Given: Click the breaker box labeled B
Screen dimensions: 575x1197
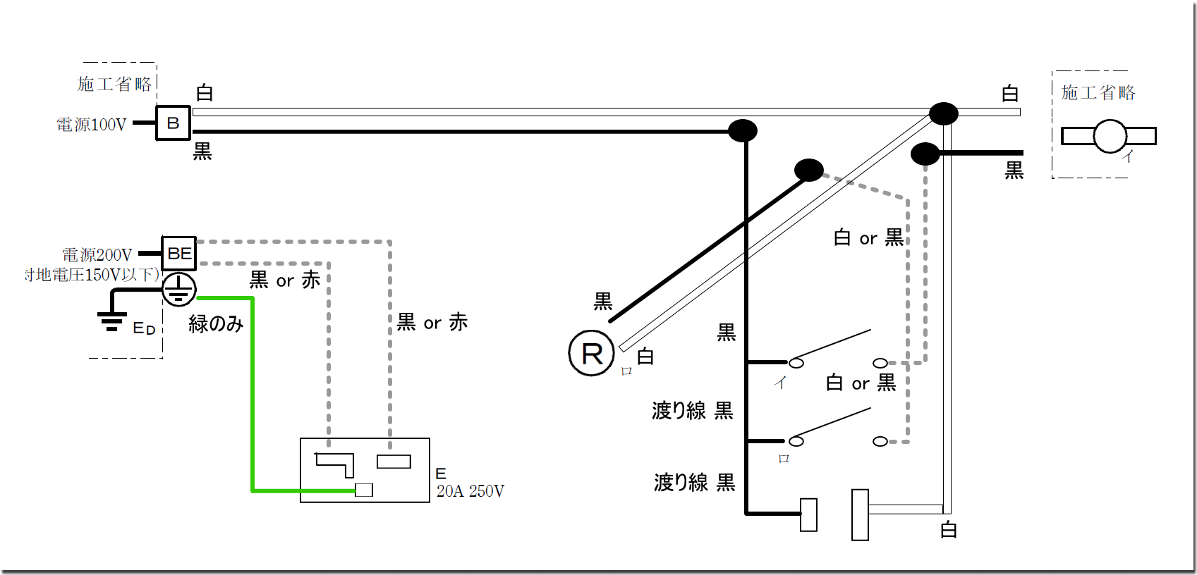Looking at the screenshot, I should pyautogui.click(x=173, y=123).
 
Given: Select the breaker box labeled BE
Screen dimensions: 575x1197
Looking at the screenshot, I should pyautogui.click(x=178, y=253).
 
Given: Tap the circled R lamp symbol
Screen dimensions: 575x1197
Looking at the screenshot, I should pyautogui.click(x=592, y=353).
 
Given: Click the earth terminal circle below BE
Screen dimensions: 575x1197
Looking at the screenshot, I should pyautogui.click(x=179, y=289).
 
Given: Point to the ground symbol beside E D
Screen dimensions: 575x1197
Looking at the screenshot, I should pyautogui.click(x=111, y=320).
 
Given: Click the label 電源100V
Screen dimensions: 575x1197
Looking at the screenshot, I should pyautogui.click(x=92, y=125).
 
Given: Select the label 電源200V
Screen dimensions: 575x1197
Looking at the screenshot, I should pyautogui.click(x=97, y=254).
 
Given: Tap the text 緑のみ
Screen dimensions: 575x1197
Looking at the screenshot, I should pyautogui.click(x=216, y=323).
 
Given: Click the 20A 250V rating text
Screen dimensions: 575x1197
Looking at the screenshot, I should pyautogui.click(x=470, y=491).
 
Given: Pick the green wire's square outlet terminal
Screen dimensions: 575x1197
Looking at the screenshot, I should pyautogui.click(x=364, y=490).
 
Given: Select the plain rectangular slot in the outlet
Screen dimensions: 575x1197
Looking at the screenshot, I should pyautogui.click(x=394, y=462).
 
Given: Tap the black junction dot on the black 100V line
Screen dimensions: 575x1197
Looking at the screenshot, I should pyautogui.click(x=742, y=130).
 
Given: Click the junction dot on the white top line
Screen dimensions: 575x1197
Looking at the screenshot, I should pyautogui.click(x=943, y=113).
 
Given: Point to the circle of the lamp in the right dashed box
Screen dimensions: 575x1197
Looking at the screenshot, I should pyautogui.click(x=1110, y=136).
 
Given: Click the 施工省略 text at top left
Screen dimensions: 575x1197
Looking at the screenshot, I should pyautogui.click(x=114, y=85).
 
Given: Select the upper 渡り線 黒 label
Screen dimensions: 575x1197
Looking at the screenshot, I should pyautogui.click(x=692, y=410).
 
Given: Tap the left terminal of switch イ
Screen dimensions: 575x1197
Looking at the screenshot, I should pyautogui.click(x=796, y=363).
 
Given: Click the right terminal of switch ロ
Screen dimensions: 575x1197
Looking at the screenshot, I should pyautogui.click(x=880, y=442).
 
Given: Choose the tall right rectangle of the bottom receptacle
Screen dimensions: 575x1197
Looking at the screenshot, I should pyautogui.click(x=860, y=515).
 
